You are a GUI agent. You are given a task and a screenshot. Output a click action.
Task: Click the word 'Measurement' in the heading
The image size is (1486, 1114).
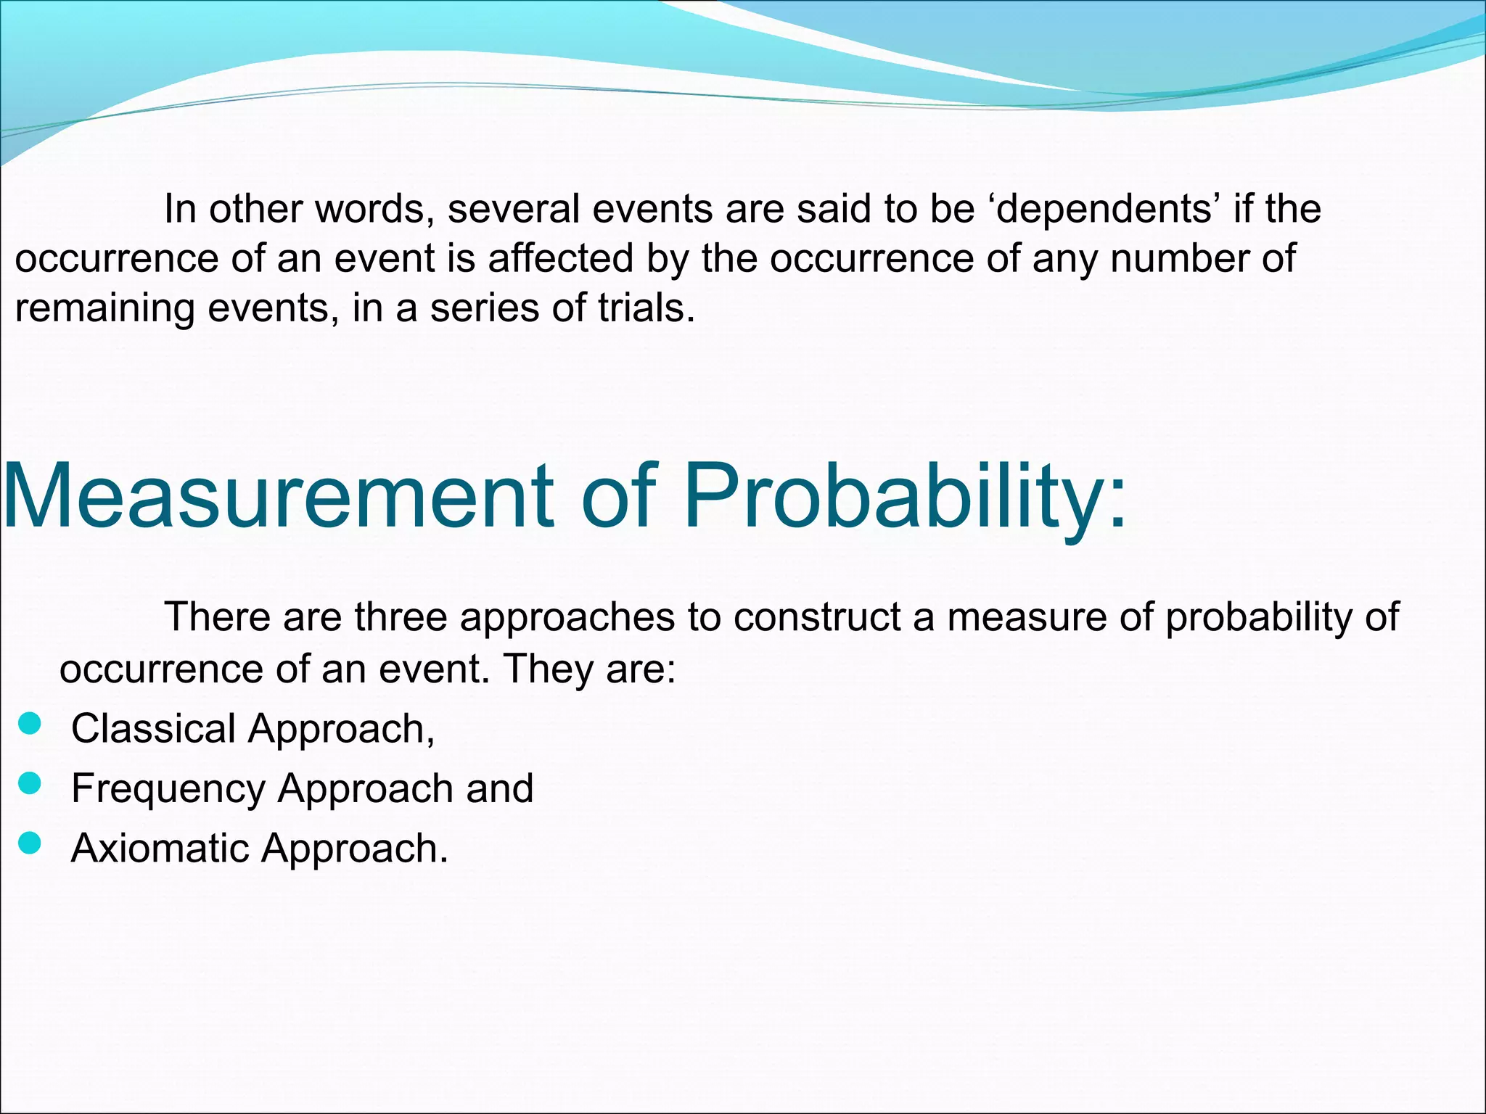click(x=279, y=496)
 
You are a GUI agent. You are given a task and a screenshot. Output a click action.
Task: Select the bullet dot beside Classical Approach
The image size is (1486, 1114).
click(x=29, y=724)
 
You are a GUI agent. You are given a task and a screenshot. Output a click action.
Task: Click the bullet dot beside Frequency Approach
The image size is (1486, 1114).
click(x=29, y=783)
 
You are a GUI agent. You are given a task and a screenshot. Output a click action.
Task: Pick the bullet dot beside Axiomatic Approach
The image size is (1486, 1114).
click(x=29, y=843)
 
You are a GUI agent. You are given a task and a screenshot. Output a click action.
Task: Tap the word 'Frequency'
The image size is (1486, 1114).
click(x=168, y=788)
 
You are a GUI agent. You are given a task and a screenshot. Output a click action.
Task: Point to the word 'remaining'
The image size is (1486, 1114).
click(x=104, y=309)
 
